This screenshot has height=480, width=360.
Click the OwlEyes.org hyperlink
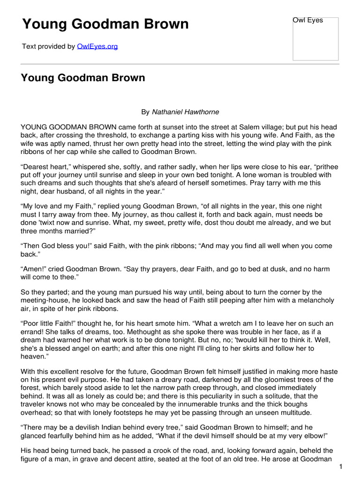[x=97, y=47]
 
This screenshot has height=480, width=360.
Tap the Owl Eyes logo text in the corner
[x=308, y=21]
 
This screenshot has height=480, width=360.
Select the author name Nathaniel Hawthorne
[x=179, y=112]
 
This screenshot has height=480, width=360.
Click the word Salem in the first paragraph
[x=232, y=127]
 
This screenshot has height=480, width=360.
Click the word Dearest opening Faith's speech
[x=37, y=167]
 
